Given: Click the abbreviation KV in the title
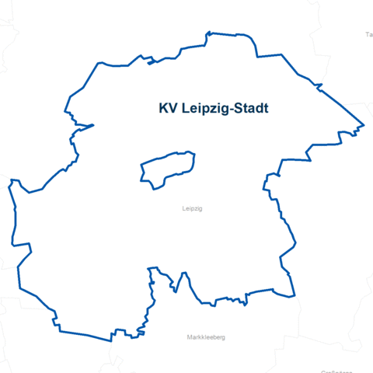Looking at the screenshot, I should (167, 109).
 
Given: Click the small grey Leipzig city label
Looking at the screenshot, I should (191, 209).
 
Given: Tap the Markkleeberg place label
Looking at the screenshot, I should (206, 337).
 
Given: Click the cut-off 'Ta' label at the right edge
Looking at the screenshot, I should (369, 35).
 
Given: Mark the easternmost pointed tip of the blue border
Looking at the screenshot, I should (364, 125).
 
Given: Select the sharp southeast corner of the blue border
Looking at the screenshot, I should (295, 296).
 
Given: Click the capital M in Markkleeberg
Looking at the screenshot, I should (190, 337).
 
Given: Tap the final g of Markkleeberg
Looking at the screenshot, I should (223, 338).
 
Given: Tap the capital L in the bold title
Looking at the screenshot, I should (184, 109).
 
